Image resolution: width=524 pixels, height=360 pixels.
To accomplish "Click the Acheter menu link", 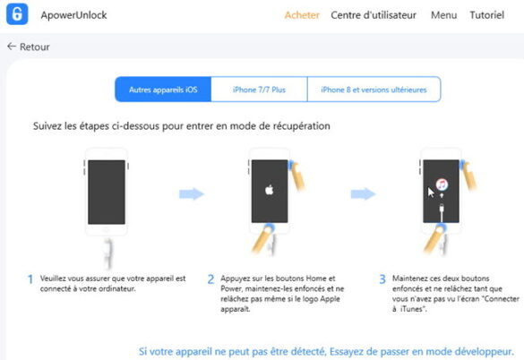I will click(301, 15).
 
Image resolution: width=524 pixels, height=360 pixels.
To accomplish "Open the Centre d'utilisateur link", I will click(375, 15).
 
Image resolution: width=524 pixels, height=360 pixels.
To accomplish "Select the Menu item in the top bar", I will click(443, 15).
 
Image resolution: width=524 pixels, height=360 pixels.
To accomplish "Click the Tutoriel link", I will click(486, 15).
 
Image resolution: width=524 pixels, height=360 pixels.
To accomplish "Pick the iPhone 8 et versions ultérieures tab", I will click(374, 90).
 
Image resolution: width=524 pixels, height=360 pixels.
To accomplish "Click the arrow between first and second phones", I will click(192, 193).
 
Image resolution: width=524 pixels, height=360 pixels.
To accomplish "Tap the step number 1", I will click(30, 279).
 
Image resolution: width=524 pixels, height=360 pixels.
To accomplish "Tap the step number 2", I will click(210, 279).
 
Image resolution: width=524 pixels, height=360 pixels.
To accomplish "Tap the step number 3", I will click(383, 279).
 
